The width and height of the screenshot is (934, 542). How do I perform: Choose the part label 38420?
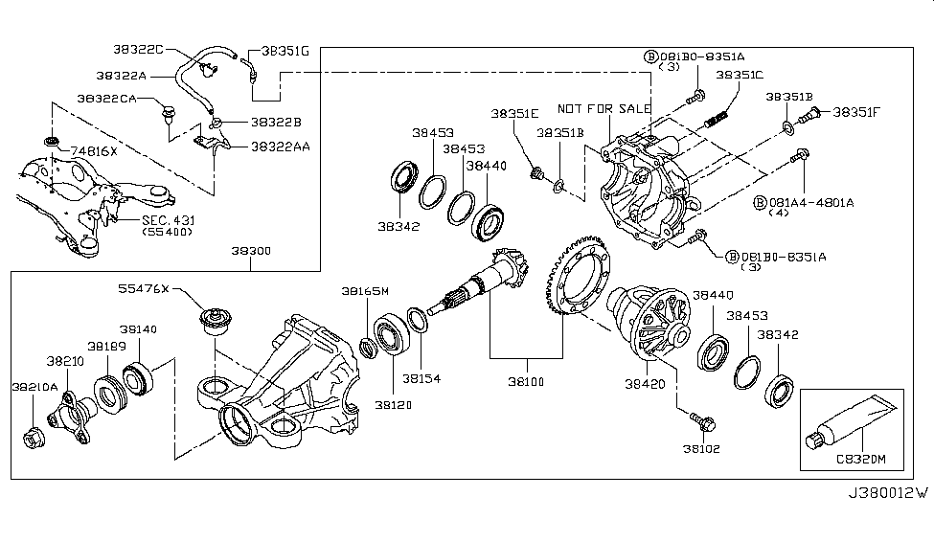tap(647, 382)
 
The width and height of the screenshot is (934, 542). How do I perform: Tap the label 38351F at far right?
tap(856, 111)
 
